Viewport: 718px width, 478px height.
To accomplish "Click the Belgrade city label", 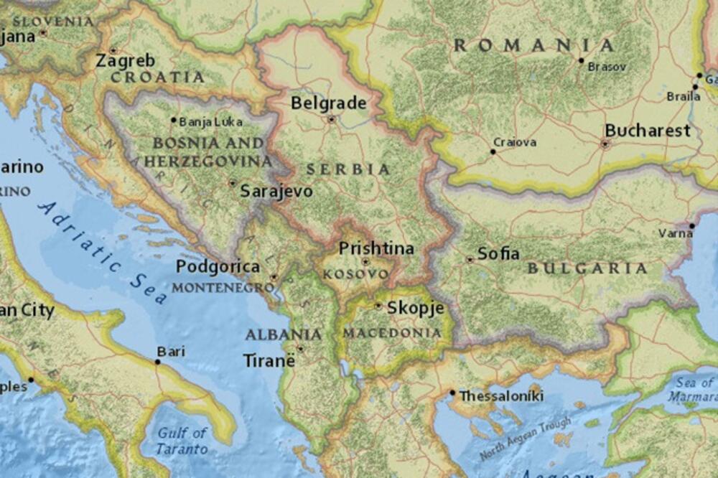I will pyautogui.click(x=328, y=103).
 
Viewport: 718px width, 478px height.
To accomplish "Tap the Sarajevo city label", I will pyautogui.click(x=276, y=191).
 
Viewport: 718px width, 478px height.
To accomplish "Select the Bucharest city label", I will pyautogui.click(x=647, y=131).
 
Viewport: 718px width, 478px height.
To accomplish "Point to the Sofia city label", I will pyautogui.click(x=498, y=253).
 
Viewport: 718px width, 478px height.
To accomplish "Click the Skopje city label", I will pyautogui.click(x=415, y=308).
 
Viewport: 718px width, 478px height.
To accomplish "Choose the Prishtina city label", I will pyautogui.click(x=376, y=248).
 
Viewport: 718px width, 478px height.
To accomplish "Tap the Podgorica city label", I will pyautogui.click(x=218, y=266).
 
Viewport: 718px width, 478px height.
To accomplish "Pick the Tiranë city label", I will pyautogui.click(x=269, y=360).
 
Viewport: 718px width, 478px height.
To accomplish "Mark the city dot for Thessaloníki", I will pyautogui.click(x=452, y=393).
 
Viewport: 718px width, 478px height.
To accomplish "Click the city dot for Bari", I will pyautogui.click(x=157, y=362).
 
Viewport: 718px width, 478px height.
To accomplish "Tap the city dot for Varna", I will pyautogui.click(x=691, y=225).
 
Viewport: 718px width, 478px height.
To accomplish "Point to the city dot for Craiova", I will pyautogui.click(x=493, y=151).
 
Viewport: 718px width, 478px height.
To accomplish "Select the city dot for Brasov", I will pyautogui.click(x=581, y=60).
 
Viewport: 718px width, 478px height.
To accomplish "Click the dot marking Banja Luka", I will pyautogui.click(x=173, y=120).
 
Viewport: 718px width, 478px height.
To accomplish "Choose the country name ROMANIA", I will pyautogui.click(x=534, y=45).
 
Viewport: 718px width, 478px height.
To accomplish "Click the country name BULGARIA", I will pyautogui.click(x=587, y=268).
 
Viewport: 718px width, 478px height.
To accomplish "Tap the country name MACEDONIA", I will pyautogui.click(x=392, y=333).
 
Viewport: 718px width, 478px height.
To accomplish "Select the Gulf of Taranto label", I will pyautogui.click(x=182, y=441).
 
